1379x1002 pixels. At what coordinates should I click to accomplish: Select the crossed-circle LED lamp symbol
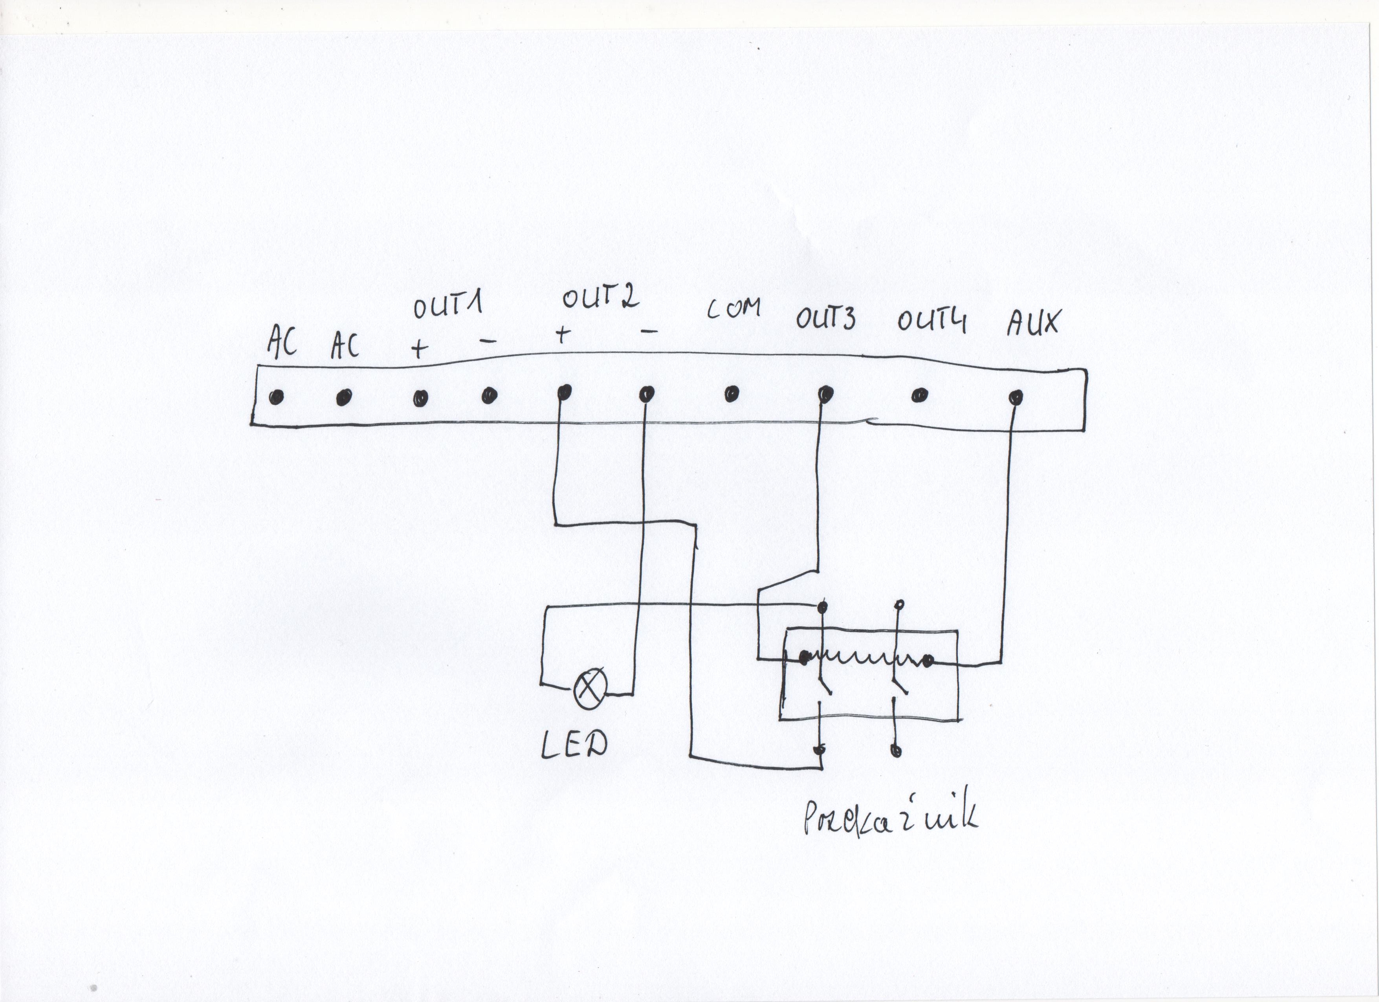(x=590, y=688)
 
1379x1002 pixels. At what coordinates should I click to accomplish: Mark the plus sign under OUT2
(x=563, y=334)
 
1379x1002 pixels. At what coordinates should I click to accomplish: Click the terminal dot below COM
(x=732, y=394)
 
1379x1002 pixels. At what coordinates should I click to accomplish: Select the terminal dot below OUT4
(x=919, y=396)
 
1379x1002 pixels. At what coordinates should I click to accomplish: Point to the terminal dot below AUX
(x=1015, y=398)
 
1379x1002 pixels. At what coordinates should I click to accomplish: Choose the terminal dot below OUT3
(x=825, y=394)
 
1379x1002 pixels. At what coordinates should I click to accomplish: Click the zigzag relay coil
(x=866, y=657)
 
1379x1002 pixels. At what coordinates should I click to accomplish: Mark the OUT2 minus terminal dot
(x=646, y=394)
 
